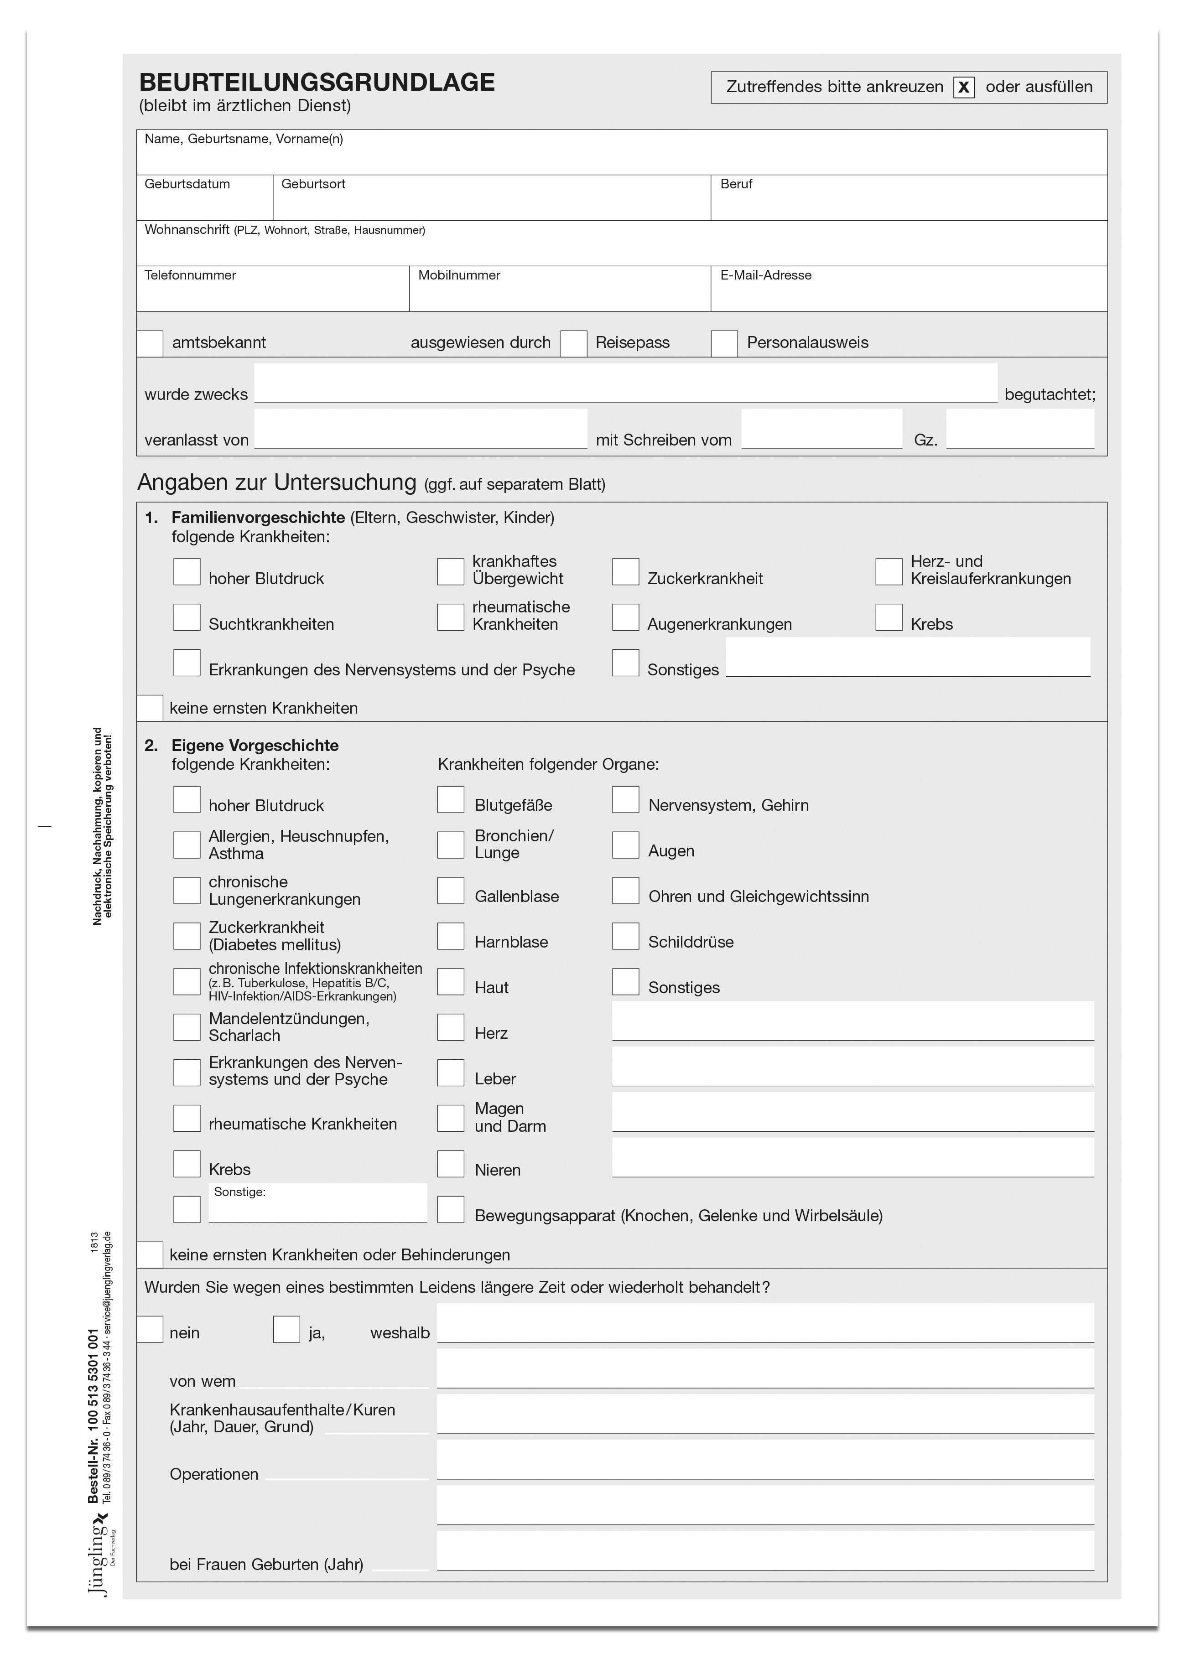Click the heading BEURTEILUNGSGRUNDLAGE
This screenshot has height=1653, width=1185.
317,83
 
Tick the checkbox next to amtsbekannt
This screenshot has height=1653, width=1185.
150,343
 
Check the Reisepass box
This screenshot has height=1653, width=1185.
574,343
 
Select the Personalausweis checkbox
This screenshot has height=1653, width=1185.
724,343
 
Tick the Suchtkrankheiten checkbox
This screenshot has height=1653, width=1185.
187,617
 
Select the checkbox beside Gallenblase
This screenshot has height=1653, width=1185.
451,891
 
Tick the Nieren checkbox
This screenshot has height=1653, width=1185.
451,1164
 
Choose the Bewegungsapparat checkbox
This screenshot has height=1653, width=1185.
451,1210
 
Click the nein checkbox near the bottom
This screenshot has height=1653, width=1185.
150,1329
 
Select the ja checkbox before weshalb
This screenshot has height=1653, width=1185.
286,1329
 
